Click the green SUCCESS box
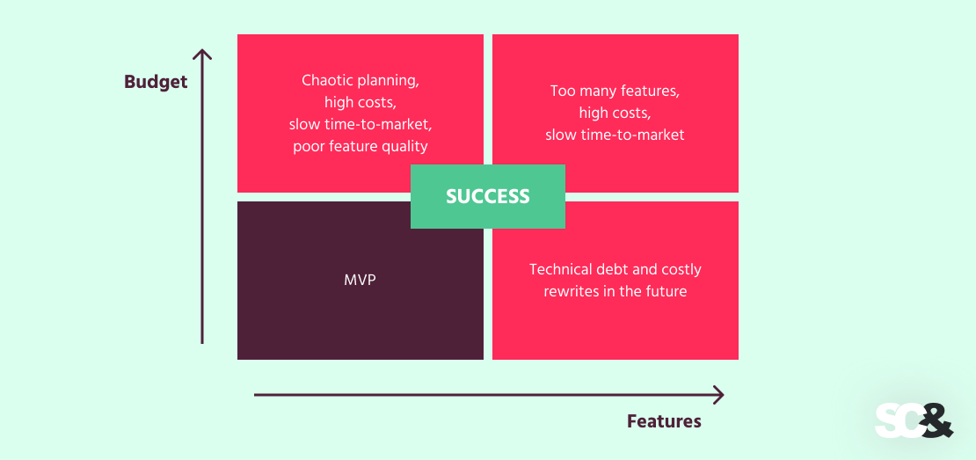(x=488, y=197)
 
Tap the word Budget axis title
(x=156, y=82)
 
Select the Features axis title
(x=664, y=421)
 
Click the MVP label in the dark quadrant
(x=360, y=281)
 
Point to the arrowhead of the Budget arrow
(x=202, y=55)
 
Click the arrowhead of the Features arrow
(x=718, y=395)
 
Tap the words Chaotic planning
(x=361, y=80)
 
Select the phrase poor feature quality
(x=361, y=146)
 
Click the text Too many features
(x=615, y=91)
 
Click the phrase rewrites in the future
(x=615, y=291)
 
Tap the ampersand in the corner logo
(x=936, y=420)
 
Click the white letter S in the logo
(x=886, y=420)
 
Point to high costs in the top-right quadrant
(x=615, y=113)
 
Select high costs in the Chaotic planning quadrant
(x=361, y=102)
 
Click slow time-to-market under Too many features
(x=615, y=135)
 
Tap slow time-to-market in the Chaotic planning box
(x=361, y=124)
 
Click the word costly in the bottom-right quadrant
(x=680, y=269)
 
